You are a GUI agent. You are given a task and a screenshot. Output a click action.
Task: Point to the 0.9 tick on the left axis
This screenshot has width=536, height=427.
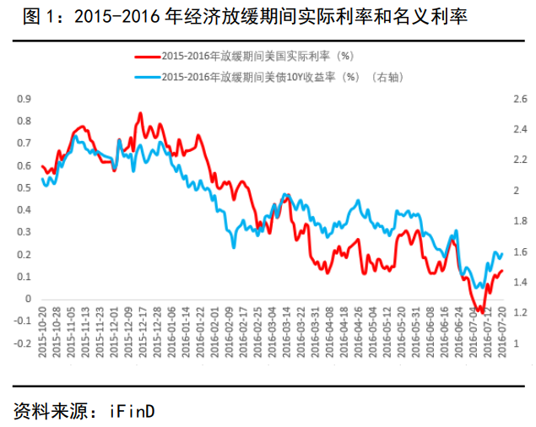pyautogui.click(x=24, y=100)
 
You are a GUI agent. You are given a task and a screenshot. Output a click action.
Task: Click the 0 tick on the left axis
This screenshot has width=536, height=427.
pyautogui.click(x=27, y=299)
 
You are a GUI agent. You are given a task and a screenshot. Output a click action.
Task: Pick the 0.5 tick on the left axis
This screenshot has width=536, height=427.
pyautogui.click(x=24, y=187)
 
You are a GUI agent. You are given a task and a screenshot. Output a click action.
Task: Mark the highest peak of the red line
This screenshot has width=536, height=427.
pyautogui.click(x=139, y=112)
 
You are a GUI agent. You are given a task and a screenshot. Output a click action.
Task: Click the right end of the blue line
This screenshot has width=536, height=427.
pyautogui.click(x=502, y=253)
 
